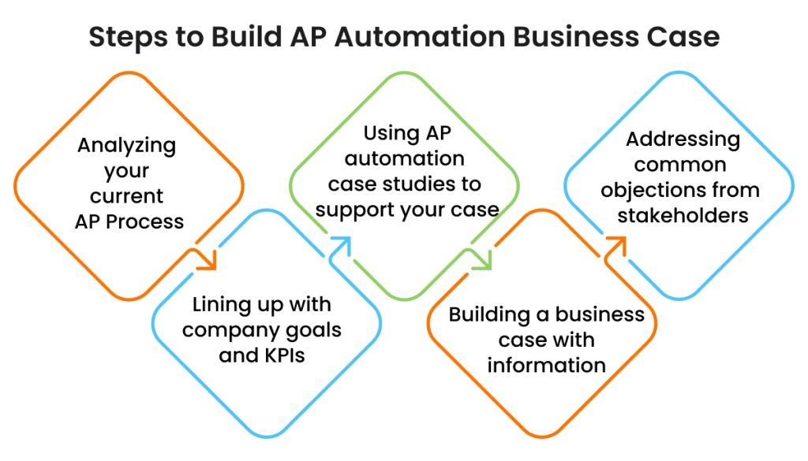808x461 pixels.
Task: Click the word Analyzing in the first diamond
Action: pos(126,146)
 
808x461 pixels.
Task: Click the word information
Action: pos(546,365)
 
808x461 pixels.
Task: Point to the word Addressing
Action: pos(683,140)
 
